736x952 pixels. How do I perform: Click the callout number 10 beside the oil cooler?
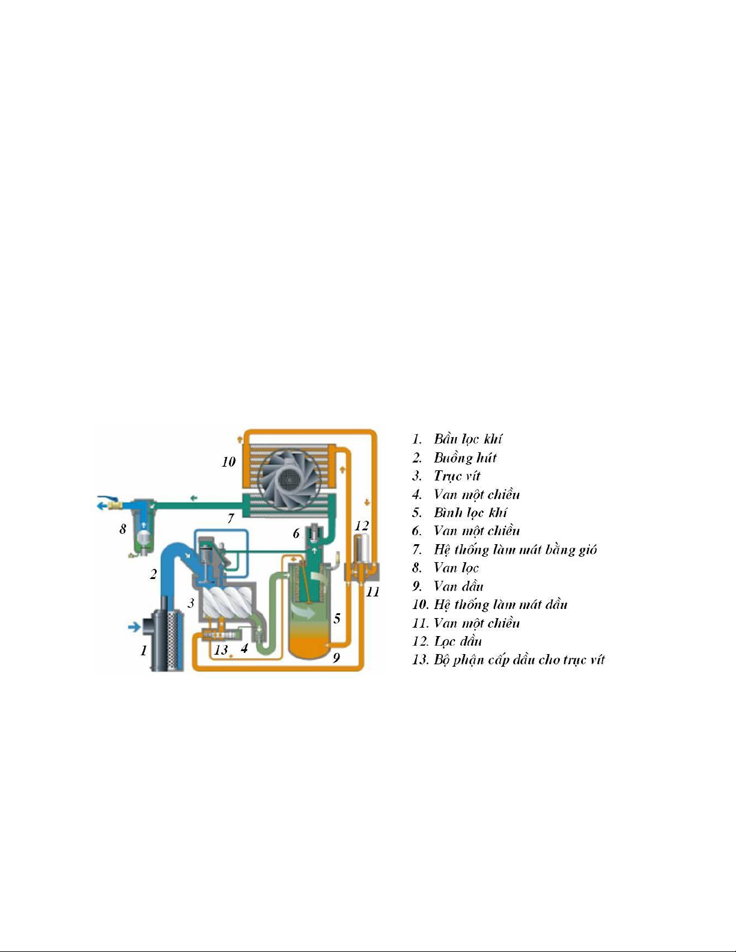click(228, 462)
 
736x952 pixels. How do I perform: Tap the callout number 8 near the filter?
click(123, 529)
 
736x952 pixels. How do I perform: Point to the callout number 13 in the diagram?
click(221, 649)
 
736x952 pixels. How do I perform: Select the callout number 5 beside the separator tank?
click(337, 618)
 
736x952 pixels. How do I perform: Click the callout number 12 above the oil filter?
click(362, 526)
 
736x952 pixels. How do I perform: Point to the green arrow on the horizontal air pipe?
click(193, 498)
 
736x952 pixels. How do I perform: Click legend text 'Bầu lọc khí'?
click(468, 439)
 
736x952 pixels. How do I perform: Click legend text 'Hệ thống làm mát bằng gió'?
click(515, 549)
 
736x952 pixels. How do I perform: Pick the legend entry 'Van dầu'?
click(458, 586)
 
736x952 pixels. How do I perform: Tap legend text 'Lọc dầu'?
click(458, 641)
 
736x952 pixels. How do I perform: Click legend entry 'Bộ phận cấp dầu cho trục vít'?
click(519, 659)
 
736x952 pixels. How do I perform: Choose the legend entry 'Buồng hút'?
click(465, 458)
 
